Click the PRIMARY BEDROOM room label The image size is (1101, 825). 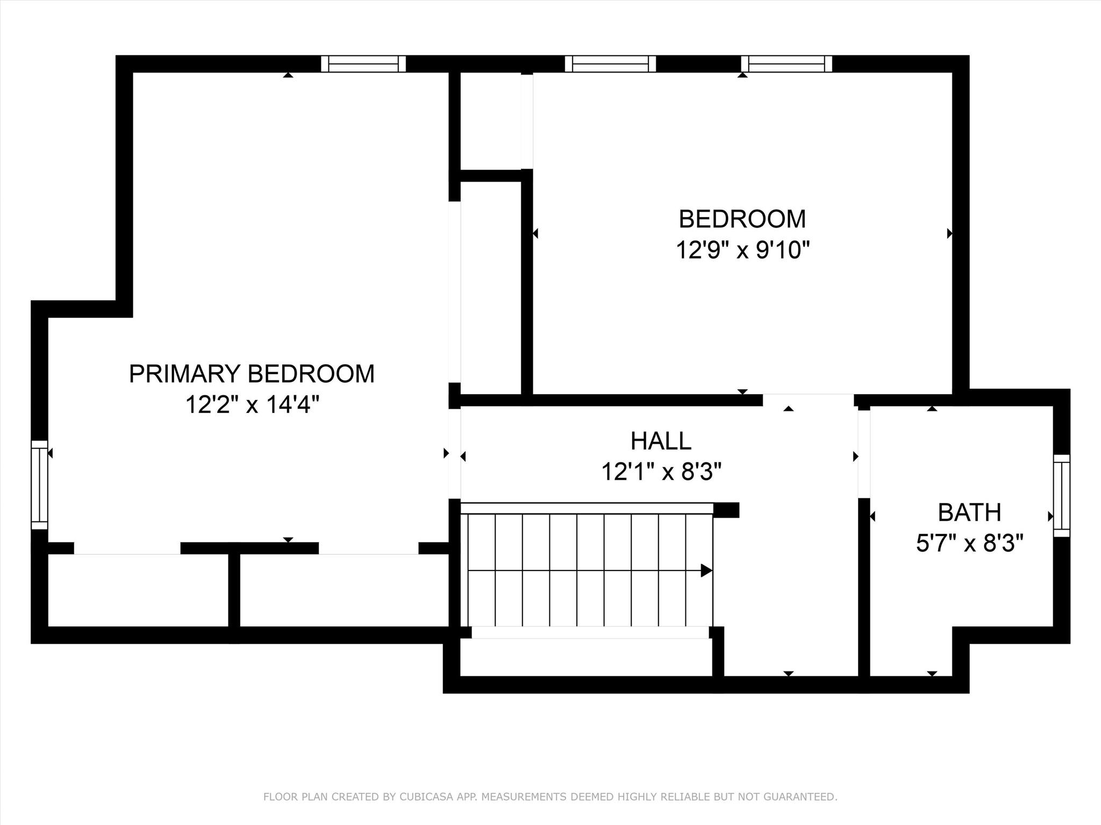tap(252, 374)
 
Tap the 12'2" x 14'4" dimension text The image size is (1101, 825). tap(252, 404)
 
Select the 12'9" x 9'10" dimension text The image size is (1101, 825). tap(742, 250)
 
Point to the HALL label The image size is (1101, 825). tap(661, 441)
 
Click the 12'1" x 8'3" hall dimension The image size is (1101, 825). tap(661, 472)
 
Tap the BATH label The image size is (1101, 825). tap(969, 512)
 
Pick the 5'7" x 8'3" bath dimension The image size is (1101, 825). tap(969, 544)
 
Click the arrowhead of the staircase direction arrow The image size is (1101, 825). tap(707, 570)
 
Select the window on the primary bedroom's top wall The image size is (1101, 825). tap(363, 63)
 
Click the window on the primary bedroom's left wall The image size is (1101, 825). tap(39, 485)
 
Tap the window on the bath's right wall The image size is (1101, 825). tap(1062, 495)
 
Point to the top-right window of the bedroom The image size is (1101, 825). tap(787, 63)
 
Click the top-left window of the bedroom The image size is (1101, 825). tap(610, 63)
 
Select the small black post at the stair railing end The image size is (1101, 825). tap(726, 510)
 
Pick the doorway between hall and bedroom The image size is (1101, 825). tap(808, 400)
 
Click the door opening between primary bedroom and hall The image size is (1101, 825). tap(455, 454)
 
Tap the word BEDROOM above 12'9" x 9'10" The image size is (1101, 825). tap(742, 219)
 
